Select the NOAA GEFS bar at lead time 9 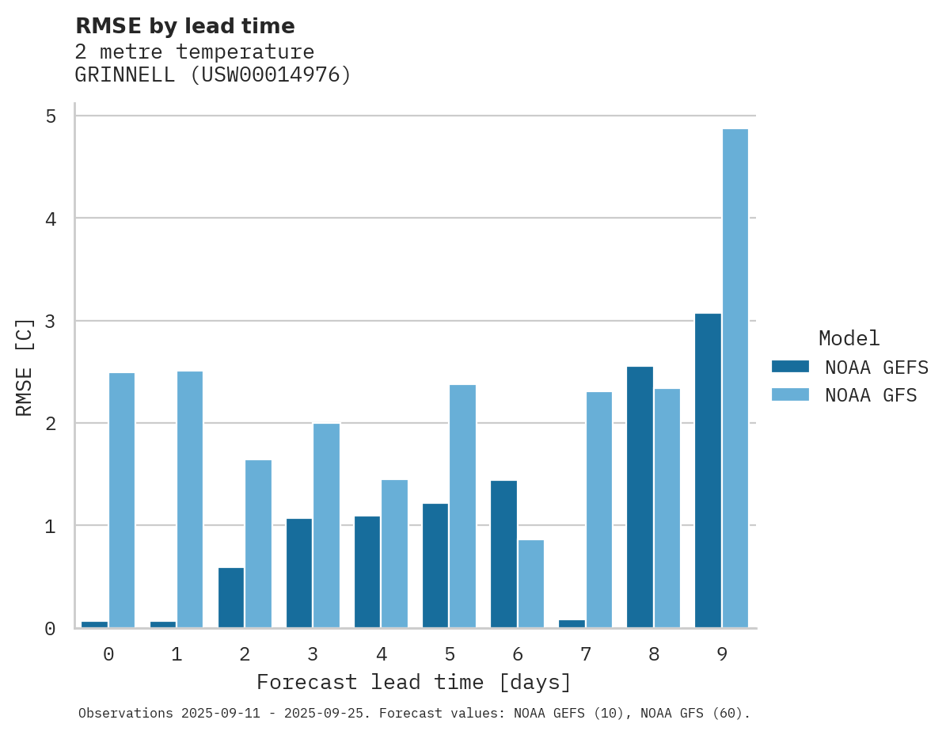pos(708,470)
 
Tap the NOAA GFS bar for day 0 pos(122,501)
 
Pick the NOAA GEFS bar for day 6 pos(503,554)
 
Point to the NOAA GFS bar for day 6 pos(531,584)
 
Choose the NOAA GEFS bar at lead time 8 pos(640,497)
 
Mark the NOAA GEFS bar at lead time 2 pos(231,598)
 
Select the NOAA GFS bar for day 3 pos(326,526)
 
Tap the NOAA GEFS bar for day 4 pos(367,572)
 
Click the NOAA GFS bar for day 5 pos(462,506)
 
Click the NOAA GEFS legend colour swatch pos(790,367)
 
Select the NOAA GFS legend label pos(871,394)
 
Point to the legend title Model pos(849,338)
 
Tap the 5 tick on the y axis pos(50,116)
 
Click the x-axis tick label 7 pos(586,654)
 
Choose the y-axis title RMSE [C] pos(25,367)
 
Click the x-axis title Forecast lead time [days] pos(414,682)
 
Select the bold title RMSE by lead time pos(184,26)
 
